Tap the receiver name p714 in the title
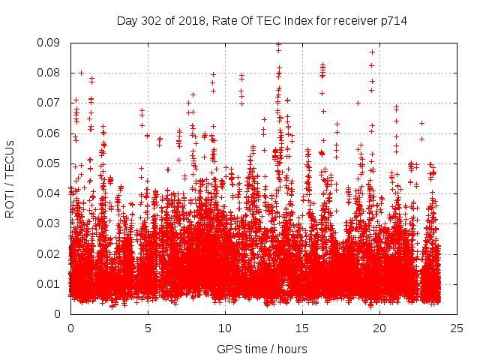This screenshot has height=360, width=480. [392, 21]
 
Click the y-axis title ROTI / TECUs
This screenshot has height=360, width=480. [10, 178]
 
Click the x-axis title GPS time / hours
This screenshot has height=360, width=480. [262, 349]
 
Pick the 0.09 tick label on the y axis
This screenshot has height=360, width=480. [49, 43]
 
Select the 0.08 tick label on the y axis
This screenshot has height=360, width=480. [49, 73]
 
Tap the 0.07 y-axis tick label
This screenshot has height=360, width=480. [49, 103]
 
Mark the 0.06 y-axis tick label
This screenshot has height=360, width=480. [49, 133]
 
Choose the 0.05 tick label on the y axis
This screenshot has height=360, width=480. [49, 163]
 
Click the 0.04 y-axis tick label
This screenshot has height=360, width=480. [49, 193]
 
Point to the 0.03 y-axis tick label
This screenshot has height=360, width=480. [49, 223]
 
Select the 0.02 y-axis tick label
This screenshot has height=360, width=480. [49, 253]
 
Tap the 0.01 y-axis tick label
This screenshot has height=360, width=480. [49, 283]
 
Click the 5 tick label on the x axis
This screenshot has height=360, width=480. [148, 328]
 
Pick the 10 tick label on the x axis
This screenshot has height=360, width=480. [225, 328]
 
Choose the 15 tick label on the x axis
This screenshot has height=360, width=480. [302, 328]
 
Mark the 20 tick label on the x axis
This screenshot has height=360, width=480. [380, 328]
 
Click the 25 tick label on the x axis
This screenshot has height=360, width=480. [457, 328]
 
